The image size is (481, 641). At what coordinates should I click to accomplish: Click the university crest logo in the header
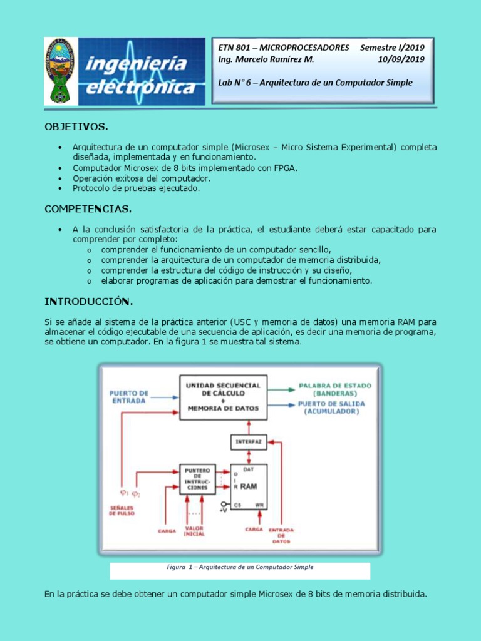[61, 71]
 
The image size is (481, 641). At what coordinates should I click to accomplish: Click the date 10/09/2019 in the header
[401, 59]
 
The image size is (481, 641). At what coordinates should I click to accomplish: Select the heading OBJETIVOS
[76, 127]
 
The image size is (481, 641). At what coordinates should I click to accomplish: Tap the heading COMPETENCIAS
[88, 208]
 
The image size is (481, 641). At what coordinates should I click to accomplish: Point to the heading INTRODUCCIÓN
[88, 302]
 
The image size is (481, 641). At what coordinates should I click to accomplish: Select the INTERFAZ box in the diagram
[249, 441]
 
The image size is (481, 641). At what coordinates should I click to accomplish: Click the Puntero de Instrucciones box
[197, 479]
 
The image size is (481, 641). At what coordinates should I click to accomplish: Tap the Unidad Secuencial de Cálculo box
[223, 397]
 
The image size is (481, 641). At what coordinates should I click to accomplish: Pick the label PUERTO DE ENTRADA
[130, 397]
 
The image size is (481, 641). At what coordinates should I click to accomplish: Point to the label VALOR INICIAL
[194, 531]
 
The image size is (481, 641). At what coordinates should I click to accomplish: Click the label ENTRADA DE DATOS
[281, 535]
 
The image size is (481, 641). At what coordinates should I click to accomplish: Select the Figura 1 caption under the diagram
[240, 567]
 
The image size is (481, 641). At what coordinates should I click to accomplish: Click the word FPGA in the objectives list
[285, 168]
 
